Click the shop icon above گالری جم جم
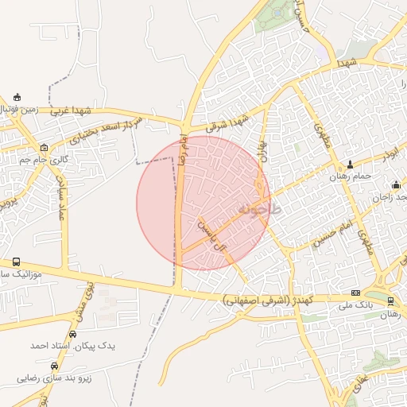pos(43,147)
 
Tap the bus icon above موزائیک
pos(17,262)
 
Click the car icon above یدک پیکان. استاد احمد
pos(73,335)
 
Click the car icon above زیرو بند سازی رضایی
pos(54,366)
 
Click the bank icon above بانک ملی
pos(355,293)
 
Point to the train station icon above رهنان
pos(390,300)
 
